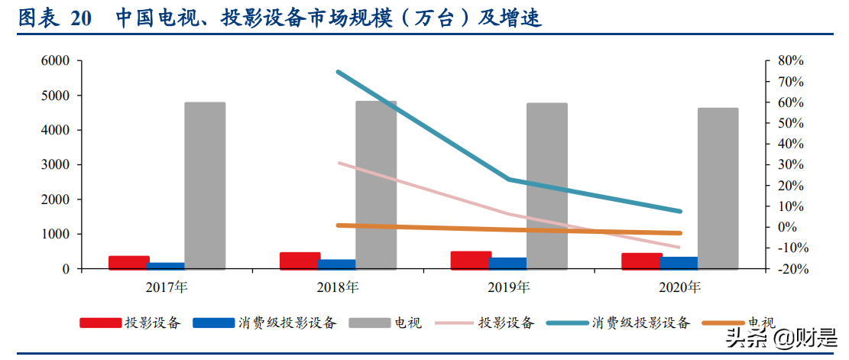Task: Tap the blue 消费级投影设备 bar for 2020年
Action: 679,263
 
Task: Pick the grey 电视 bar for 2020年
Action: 718,188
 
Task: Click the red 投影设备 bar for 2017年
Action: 128,262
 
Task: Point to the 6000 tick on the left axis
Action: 54,60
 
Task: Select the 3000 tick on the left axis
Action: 54,164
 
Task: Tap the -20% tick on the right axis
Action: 790,269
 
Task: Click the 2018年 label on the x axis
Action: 338,288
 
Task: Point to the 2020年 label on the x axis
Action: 680,288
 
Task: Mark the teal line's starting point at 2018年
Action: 338,72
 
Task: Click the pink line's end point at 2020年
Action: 679,248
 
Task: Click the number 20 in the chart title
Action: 80,18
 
